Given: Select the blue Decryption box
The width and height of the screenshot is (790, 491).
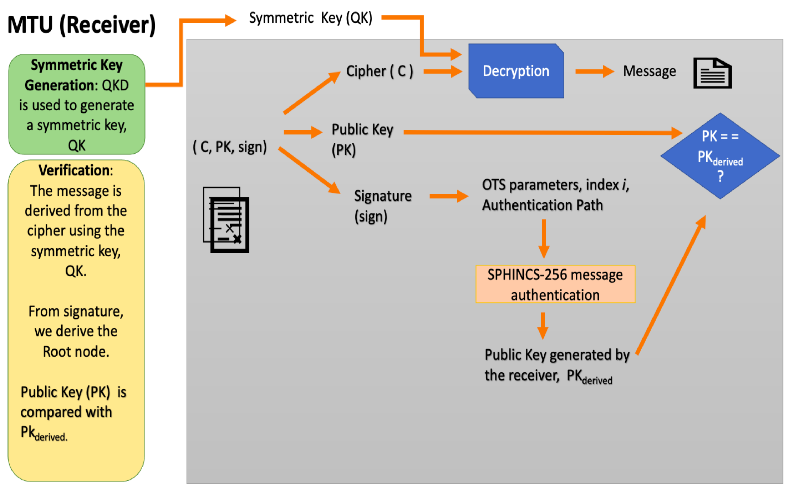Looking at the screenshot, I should click(516, 71).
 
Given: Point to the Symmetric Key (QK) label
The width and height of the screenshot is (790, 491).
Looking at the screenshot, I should click(311, 18).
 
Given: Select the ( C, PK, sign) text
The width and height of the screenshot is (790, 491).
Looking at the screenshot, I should click(230, 147).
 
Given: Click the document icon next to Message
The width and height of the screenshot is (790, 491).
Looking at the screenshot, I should click(712, 73).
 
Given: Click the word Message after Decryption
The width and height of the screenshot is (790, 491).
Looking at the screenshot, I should click(649, 71).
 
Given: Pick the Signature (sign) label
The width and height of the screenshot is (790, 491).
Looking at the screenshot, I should click(382, 206).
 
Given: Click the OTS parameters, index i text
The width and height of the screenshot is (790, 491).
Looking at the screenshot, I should click(555, 185).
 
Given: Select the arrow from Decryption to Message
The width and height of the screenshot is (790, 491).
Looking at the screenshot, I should click(594, 71).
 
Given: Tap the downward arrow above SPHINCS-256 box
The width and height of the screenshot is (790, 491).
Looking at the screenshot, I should click(544, 239).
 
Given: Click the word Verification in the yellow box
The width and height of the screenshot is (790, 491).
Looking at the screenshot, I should click(74, 170).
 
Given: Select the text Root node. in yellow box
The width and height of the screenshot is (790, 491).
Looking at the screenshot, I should click(76, 352).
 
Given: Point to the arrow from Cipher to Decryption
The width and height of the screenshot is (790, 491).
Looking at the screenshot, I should click(442, 71).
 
